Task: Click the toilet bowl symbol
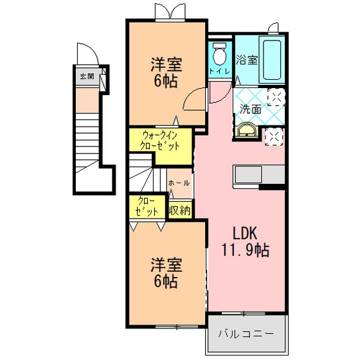(219, 54)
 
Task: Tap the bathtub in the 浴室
(272, 60)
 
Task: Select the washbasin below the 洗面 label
(247, 130)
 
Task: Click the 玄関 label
(87, 76)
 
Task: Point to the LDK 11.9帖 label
(245, 241)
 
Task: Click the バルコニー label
(246, 333)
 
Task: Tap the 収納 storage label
(180, 210)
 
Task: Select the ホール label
(179, 183)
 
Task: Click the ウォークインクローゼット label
(160, 140)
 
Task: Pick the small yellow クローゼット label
(147, 206)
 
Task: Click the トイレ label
(220, 71)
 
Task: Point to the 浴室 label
(247, 60)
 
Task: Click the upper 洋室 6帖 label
(166, 73)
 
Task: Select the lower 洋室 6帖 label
(166, 273)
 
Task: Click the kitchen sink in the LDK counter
(248, 174)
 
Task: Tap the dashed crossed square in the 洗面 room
(276, 97)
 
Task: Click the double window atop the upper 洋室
(170, 12)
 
